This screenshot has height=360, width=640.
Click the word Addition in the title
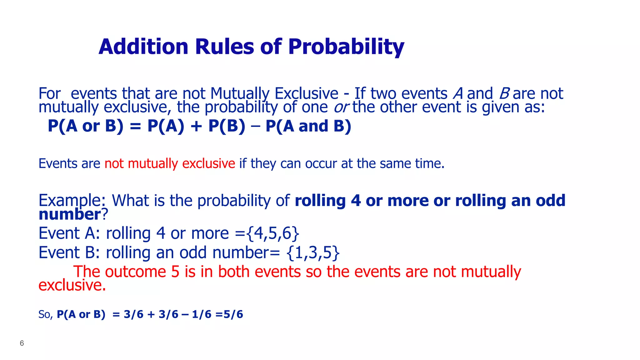click(143, 47)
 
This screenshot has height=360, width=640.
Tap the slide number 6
click(22, 343)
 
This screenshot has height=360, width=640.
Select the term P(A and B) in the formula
click(308, 126)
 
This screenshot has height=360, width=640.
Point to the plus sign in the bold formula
click(196, 126)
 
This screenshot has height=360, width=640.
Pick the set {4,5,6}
click(273, 233)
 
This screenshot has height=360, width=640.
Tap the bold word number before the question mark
click(69, 214)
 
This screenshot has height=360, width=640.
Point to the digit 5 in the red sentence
click(175, 272)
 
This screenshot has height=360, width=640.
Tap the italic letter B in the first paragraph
click(504, 93)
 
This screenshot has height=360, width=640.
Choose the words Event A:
click(69, 233)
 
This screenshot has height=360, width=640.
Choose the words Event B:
click(69, 252)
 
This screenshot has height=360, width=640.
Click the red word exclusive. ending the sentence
click(72, 285)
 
